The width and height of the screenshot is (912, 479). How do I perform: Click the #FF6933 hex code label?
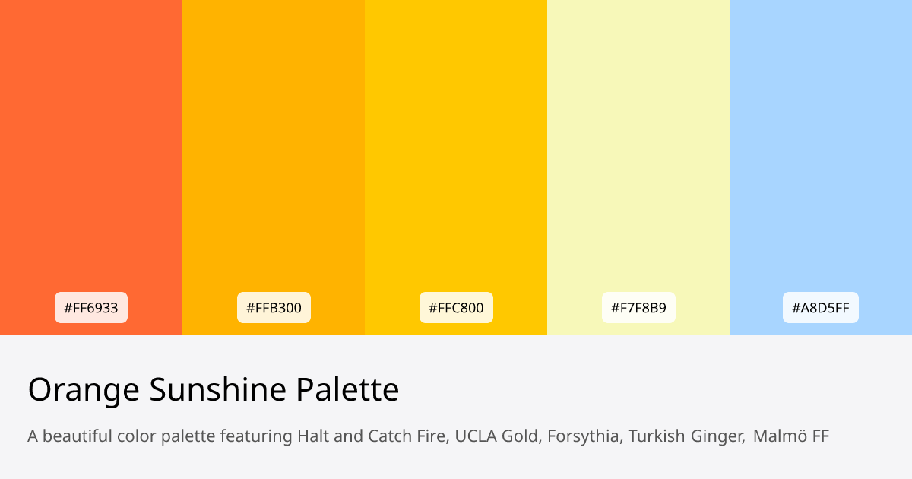[x=91, y=308]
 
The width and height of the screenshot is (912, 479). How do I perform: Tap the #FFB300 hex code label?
[x=274, y=308]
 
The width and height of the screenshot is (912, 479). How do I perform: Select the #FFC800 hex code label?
[x=456, y=308]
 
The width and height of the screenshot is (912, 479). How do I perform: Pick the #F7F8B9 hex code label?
[x=638, y=308]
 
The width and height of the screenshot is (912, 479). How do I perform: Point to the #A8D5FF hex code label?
[x=821, y=308]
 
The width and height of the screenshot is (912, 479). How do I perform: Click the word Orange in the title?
[x=84, y=390]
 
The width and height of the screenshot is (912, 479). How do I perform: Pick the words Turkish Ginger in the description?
[x=686, y=436]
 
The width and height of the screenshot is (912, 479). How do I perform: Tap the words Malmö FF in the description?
[x=791, y=436]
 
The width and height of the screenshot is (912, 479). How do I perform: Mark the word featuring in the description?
[x=256, y=436]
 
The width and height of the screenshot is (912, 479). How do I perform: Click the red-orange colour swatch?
[x=91, y=152]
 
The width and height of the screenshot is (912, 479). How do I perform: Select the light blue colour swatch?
[x=821, y=152]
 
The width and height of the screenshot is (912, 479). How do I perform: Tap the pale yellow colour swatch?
[x=638, y=152]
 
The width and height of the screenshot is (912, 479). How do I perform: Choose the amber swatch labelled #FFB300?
[x=274, y=152]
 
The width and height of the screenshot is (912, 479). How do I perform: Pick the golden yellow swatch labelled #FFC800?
[x=456, y=152]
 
